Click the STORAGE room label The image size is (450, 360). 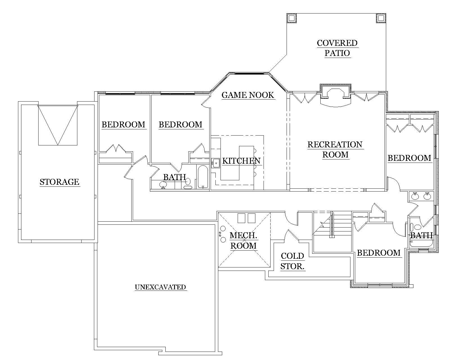[59, 182]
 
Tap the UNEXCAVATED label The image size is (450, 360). [160, 287]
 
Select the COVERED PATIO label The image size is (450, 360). [337, 48]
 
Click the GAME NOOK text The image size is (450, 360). [247, 95]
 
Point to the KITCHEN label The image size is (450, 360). [241, 161]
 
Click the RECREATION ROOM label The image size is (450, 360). [335, 149]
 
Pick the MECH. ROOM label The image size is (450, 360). [244, 240]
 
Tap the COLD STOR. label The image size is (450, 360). [292, 261]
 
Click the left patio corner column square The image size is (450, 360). [292, 18]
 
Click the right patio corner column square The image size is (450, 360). [381, 18]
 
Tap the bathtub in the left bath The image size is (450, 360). [202, 177]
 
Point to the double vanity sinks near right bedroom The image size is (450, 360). [421, 196]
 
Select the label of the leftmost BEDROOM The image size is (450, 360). [123, 125]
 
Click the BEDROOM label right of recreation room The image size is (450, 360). [409, 158]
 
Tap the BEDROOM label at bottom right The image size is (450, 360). [379, 253]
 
